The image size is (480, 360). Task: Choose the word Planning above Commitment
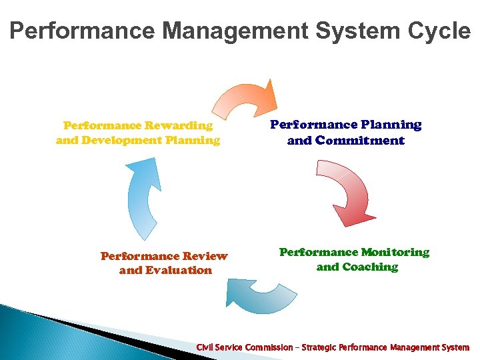click(x=391, y=125)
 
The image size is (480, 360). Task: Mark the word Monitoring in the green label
click(x=395, y=252)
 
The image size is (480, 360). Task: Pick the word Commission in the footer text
click(x=268, y=347)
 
